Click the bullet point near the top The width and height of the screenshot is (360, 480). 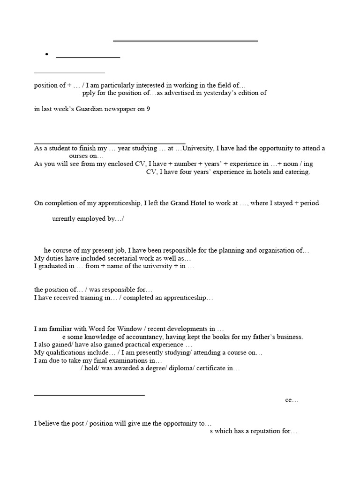tap(47, 55)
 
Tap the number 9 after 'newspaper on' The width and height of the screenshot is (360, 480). tap(148, 110)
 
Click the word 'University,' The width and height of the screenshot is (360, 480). tap(197, 148)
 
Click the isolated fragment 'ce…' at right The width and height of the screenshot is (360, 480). tap(292, 400)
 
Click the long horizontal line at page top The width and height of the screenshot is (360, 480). tap(185, 41)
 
